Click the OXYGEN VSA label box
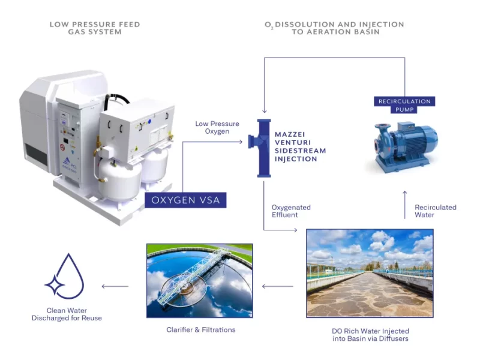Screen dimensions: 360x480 click(185, 200)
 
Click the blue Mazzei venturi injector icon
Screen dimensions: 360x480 click(263, 148)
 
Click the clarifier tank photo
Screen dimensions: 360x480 click(199, 280)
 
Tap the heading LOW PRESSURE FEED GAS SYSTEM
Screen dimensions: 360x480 click(95, 28)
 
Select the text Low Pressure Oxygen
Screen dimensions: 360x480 click(212, 127)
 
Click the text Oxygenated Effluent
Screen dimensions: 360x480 click(291, 211)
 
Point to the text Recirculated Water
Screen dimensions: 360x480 click(436, 211)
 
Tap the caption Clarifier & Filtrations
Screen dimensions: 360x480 click(201, 330)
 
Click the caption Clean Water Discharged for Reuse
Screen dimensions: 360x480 click(67, 314)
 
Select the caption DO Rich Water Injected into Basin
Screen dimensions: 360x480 click(370, 335)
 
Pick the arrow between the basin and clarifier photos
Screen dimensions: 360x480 click(278, 286)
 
